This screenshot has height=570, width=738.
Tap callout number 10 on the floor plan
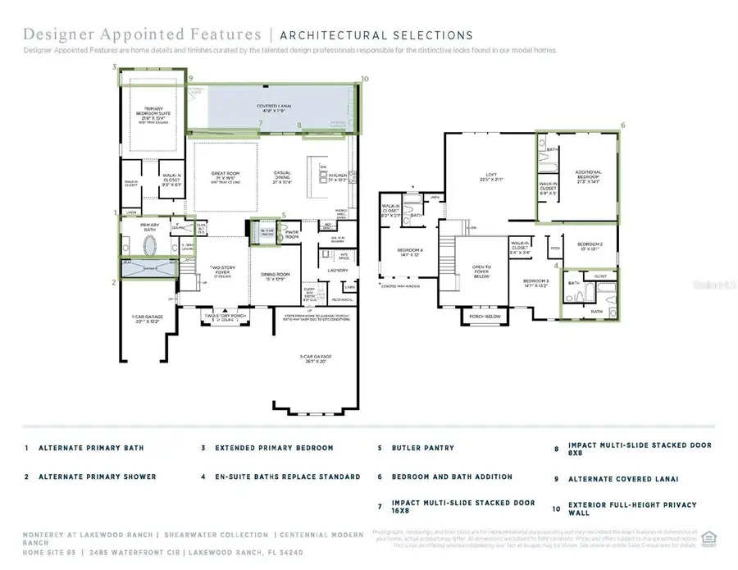click(365, 79)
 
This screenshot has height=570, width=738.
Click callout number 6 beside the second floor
click(622, 125)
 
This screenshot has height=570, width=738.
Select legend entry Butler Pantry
click(420, 449)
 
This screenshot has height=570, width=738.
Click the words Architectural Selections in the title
click(376, 35)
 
